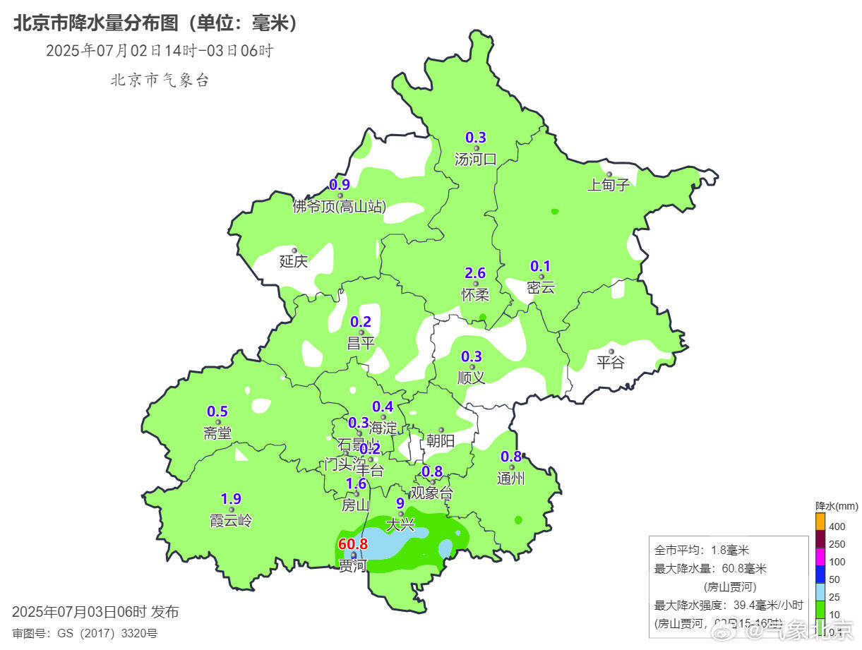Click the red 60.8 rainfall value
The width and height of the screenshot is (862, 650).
[x=353, y=544]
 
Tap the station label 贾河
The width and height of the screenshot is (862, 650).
[x=353, y=565]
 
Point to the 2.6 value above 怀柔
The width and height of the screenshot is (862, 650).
[x=475, y=273]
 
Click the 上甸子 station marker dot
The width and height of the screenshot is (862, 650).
[x=609, y=174]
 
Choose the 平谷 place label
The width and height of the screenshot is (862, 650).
[x=611, y=363]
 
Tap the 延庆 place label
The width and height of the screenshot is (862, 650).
[x=294, y=261]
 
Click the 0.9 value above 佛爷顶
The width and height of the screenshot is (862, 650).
[x=340, y=186]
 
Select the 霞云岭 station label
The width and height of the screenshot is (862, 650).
[x=230, y=521]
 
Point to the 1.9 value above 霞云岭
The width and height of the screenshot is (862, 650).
[x=231, y=499]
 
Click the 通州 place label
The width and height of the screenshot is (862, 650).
[x=511, y=479]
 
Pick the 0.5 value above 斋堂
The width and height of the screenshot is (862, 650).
[x=217, y=411]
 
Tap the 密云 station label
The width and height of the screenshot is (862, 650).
[x=541, y=287]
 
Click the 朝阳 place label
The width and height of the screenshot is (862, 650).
[x=441, y=441]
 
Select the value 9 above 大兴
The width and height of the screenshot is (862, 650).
[x=400, y=503]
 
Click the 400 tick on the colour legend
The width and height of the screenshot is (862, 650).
[x=837, y=526]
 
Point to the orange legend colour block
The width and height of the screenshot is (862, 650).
[x=820, y=521]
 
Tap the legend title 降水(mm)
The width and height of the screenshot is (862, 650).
[x=836, y=506]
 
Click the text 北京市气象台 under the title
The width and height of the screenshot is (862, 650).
[x=160, y=80]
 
